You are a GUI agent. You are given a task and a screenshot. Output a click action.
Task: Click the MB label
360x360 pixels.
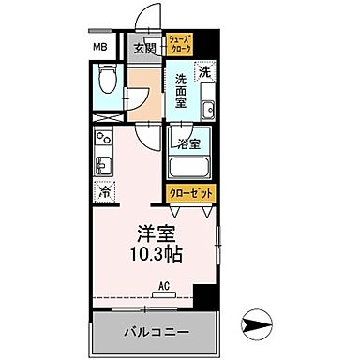pos(99,48)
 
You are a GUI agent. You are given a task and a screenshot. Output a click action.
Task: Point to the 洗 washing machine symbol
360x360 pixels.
pos(204,71)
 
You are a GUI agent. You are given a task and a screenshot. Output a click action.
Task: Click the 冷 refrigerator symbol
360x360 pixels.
pos(104,192)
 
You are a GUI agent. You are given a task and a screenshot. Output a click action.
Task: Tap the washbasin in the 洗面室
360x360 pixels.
pos(207,110)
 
